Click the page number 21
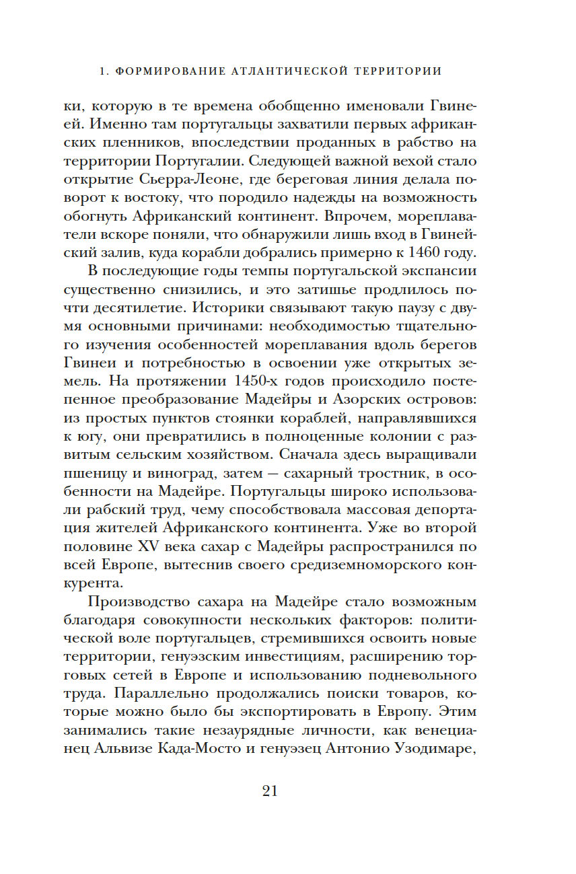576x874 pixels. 269,790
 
